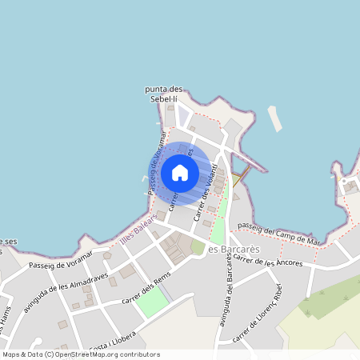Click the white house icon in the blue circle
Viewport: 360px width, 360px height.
tap(180, 172)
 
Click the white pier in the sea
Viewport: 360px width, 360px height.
tap(275, 118)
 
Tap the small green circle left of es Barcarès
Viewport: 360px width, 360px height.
tap(198, 248)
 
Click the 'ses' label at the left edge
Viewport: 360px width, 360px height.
tap(9, 241)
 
